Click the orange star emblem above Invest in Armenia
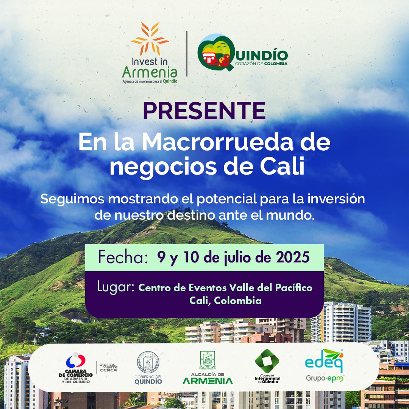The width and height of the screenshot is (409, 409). point(150,39)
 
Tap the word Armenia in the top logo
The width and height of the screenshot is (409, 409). point(150,72)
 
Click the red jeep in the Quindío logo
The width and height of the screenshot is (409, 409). point(209,58)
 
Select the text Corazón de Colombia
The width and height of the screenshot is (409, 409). point(261,64)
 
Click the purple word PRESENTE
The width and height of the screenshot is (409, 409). point(204,111)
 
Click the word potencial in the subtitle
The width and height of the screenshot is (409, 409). point(226,199)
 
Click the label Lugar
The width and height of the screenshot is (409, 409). point(116,287)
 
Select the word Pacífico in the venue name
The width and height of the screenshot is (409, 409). point(294,287)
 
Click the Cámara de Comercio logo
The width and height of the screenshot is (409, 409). point(76,368)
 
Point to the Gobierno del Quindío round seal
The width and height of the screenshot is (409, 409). point(148,362)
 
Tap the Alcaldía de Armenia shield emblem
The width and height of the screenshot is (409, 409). point(208,360)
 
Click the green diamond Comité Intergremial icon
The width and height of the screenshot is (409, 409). point(267,361)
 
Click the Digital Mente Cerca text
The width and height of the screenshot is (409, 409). point(109,367)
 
